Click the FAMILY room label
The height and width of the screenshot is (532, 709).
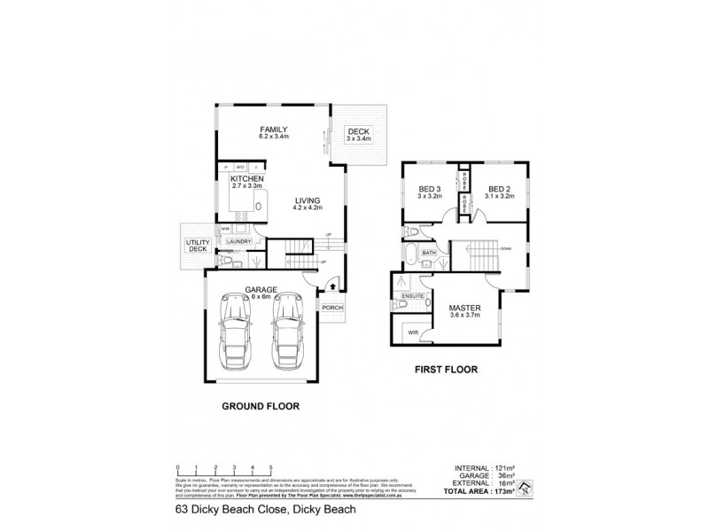274,129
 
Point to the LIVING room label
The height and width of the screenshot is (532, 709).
307,200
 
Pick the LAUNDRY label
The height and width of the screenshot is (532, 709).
238,241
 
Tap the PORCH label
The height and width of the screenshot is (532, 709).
332,308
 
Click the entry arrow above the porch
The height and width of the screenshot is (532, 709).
331,286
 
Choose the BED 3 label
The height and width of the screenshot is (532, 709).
432,188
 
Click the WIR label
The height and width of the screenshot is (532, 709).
412,332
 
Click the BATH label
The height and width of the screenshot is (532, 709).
429,254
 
